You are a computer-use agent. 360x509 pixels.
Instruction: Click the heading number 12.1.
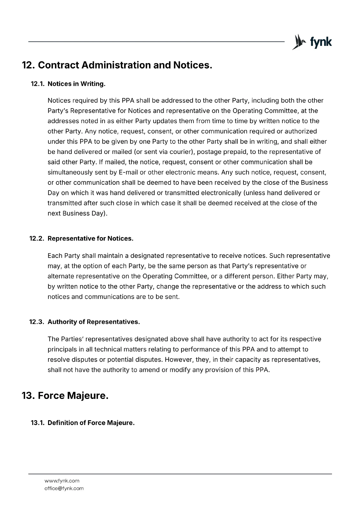[38, 84]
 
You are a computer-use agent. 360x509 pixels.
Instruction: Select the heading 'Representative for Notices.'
[90, 239]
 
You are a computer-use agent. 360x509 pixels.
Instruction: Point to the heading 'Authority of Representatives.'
[94, 322]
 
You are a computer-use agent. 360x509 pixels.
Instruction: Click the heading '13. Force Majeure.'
[65, 396]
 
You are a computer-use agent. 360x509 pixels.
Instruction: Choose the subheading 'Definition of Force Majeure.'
[91, 423]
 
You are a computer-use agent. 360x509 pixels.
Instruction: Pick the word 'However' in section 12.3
[178, 360]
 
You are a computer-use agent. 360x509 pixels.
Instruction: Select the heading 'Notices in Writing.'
[76, 84]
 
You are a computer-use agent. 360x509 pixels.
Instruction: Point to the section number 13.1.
[38, 423]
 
